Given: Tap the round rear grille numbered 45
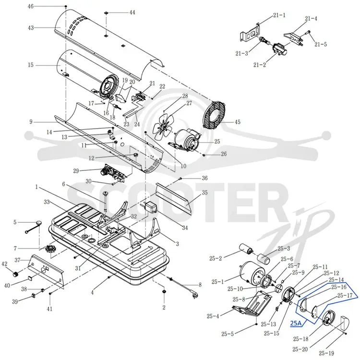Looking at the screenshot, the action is pos(214,114).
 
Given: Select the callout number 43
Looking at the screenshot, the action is pos(31,28).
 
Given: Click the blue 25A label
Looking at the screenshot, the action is pos(296,323).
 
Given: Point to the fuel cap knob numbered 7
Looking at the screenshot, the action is pos(49,249).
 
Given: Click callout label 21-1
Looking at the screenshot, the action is pos(279,15).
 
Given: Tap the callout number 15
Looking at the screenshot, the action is pos(31,65).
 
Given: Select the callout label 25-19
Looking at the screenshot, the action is pos(326,353).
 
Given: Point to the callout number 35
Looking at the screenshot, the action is pos(204,192).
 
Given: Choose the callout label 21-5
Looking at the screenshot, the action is pos(321,44).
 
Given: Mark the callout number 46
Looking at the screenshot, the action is pos(31,6).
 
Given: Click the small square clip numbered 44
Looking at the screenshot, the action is pos(106,13).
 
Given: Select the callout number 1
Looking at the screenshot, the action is pos(36,187).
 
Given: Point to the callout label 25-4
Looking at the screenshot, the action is pos(213,316).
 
